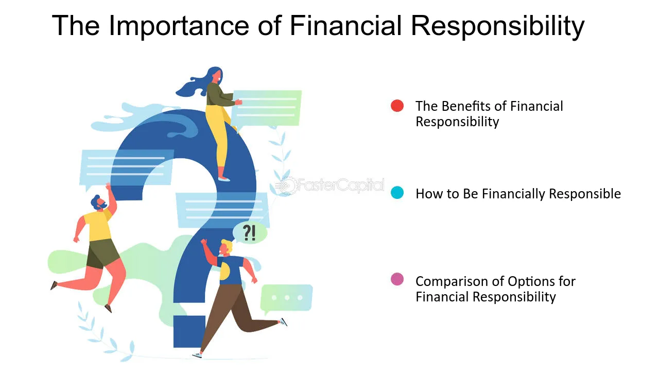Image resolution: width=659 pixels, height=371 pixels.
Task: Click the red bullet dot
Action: click(x=397, y=106)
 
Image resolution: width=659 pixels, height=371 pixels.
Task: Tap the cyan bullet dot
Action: click(x=397, y=193)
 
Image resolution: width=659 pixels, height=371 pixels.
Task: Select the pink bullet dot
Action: click(x=397, y=279)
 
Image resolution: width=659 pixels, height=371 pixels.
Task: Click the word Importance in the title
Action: click(x=179, y=26)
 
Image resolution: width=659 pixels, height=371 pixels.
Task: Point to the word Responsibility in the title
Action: click(x=498, y=26)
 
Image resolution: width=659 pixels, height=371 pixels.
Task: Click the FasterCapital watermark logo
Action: click(x=329, y=185)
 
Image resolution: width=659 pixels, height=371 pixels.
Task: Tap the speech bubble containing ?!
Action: click(x=250, y=233)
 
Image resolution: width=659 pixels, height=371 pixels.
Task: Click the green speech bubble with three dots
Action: click(x=286, y=298)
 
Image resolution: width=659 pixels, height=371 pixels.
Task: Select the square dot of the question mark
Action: click(x=189, y=331)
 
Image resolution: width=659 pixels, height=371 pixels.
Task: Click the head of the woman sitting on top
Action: click(x=215, y=75)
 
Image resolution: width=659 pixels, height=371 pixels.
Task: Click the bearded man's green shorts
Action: click(x=102, y=253)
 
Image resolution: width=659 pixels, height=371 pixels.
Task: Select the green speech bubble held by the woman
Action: click(x=267, y=108)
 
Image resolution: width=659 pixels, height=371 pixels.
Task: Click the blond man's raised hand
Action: click(x=204, y=242)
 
